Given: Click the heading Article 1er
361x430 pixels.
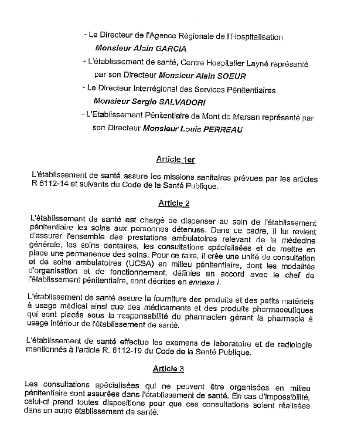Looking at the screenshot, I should (x=177, y=159).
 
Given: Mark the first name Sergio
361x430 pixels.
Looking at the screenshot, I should (x=140, y=102).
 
